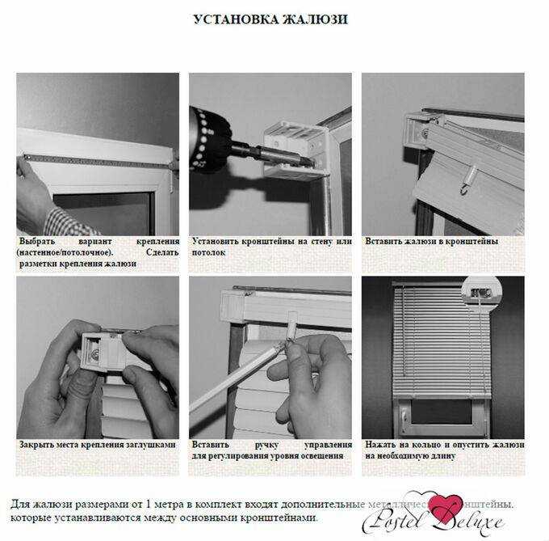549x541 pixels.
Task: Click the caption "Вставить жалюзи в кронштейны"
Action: (x=431, y=241)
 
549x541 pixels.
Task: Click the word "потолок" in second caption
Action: (x=209, y=252)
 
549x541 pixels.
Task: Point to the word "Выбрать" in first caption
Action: (x=38, y=241)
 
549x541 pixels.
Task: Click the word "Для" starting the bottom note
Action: (x=22, y=503)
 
